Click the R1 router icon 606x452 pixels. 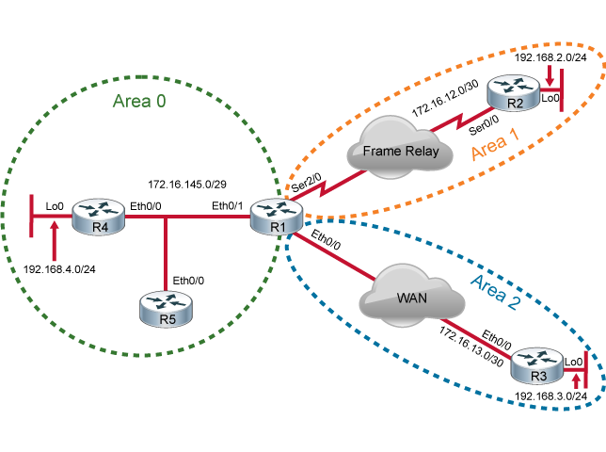point(276,216)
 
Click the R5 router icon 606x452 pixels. point(166,308)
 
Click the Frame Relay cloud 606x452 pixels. point(389,151)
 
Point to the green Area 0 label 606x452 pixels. point(139,101)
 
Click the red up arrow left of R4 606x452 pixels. point(54,240)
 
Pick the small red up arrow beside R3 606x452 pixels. point(574,379)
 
